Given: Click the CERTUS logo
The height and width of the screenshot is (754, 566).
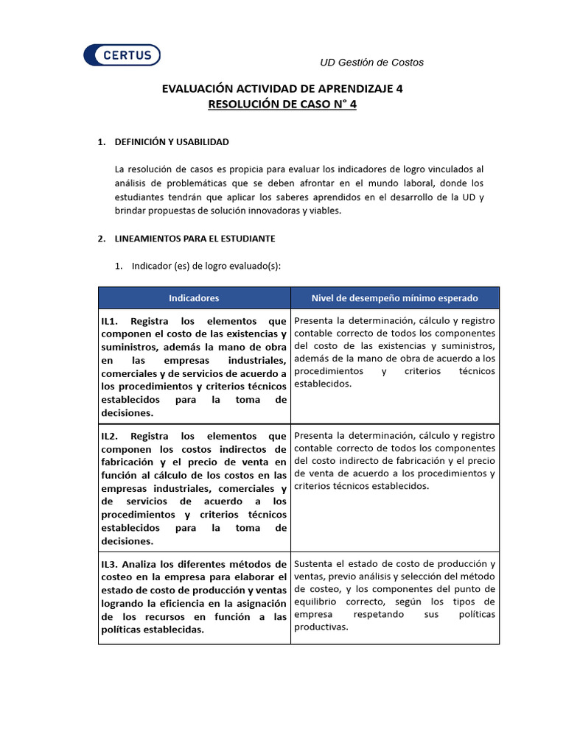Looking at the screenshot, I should pos(122,55).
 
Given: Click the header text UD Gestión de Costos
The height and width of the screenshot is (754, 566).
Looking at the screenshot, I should pos(371,63).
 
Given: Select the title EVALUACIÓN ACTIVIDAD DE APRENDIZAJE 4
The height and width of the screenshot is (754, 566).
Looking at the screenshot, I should pos(282,88).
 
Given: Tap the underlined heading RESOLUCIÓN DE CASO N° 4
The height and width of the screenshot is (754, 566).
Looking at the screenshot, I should pos(282,105).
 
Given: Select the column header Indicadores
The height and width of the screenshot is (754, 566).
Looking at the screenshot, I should pos(194,298).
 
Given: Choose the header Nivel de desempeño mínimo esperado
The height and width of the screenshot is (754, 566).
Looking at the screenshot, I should pos(394,298).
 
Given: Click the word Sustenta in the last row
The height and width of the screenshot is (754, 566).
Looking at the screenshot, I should pos(313,564).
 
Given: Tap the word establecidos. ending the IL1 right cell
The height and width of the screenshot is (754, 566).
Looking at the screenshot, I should pos(323,384).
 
